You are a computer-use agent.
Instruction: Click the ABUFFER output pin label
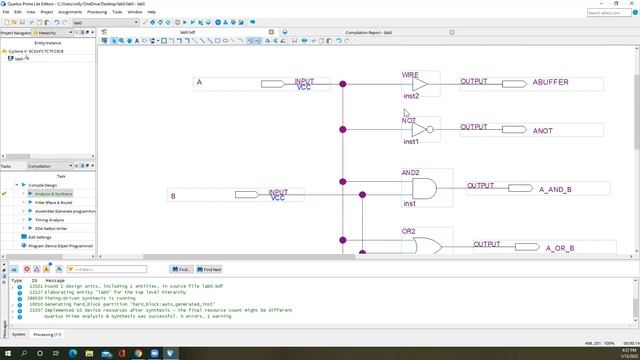click(x=551, y=82)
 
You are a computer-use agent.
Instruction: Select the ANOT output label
click(x=542, y=131)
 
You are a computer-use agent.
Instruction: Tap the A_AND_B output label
click(x=555, y=189)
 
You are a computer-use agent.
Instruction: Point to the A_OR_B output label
click(x=555, y=247)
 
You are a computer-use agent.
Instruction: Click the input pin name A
click(x=199, y=82)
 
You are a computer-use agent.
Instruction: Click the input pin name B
click(x=173, y=196)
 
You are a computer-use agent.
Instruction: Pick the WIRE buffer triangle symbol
click(x=420, y=82)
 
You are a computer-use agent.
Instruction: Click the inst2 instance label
click(x=412, y=96)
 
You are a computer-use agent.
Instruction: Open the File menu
click(x=6, y=11)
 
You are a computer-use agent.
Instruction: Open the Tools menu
click(x=117, y=11)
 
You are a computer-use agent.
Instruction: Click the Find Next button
click(x=211, y=269)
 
